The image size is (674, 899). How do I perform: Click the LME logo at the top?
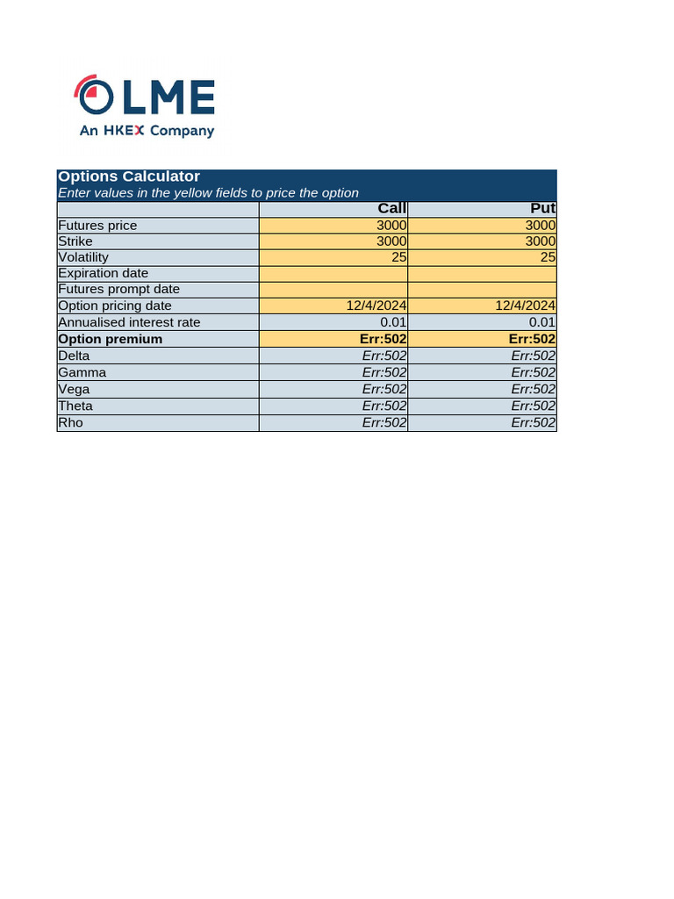point(145,96)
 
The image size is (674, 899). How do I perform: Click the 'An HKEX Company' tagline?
point(147,131)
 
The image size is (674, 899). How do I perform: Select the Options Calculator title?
point(129,176)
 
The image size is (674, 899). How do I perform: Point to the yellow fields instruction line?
point(208,193)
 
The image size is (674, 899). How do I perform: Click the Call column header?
point(391,208)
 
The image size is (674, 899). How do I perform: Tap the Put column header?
point(543,208)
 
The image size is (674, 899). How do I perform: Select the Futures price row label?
point(97,226)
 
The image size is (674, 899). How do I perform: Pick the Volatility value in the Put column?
point(548,257)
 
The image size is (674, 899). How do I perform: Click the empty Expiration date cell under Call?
point(333,273)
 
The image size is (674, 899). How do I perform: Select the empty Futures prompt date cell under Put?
point(483,289)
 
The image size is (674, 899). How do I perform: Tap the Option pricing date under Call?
point(376,306)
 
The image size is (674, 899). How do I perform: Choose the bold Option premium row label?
point(110,339)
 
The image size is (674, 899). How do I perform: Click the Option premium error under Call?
point(384,339)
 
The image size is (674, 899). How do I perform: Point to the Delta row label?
point(74,356)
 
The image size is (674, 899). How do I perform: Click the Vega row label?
point(74,389)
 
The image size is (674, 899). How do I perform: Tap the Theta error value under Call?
point(384,406)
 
